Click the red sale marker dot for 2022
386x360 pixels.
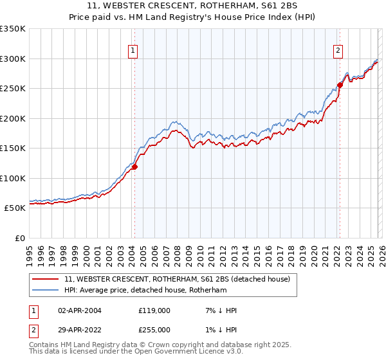(340, 85)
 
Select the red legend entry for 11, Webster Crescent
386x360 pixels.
(178, 280)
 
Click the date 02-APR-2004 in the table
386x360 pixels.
(80, 310)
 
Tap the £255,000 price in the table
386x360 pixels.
(154, 329)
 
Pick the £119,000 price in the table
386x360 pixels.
(154, 310)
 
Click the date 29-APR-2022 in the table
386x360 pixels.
(80, 329)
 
